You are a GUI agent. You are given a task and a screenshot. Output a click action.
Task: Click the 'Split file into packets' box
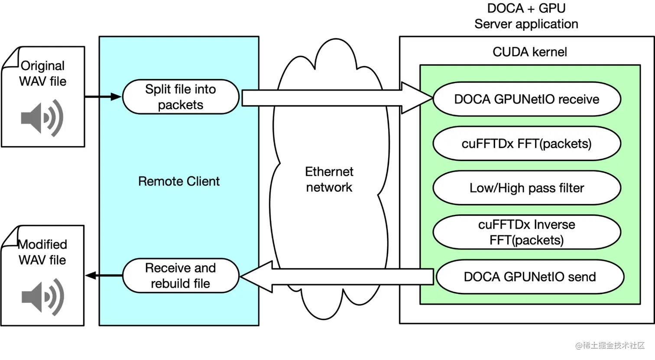pos(181,97)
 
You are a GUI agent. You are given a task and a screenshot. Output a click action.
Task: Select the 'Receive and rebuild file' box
pos(181,276)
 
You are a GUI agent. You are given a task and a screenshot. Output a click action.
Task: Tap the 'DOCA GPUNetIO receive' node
pos(526,99)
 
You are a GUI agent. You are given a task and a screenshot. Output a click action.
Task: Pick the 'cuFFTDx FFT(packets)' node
pos(526,143)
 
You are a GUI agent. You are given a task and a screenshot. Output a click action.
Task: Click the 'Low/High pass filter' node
pos(526,188)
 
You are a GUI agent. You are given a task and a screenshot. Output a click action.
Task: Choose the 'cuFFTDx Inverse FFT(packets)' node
pos(526,232)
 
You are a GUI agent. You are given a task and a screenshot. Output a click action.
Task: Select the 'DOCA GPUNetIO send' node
pos(529,276)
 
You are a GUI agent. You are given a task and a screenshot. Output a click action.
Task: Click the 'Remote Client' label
pos(178,181)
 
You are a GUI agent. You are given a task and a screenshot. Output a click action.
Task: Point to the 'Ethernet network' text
pos(329,179)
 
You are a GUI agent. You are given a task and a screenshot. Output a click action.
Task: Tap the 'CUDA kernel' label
pos(529,52)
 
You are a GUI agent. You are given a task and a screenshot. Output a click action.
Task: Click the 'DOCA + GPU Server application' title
pos(526,16)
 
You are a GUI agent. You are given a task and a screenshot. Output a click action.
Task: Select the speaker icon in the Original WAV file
pos(42,118)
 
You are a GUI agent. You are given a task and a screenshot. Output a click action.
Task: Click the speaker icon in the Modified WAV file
pos(42,297)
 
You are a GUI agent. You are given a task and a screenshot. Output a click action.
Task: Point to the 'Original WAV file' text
pos(42,73)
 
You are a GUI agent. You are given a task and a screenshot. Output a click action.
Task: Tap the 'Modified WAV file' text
pos(42,252)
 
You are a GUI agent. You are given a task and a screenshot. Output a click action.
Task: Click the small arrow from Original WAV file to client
pos(103,97)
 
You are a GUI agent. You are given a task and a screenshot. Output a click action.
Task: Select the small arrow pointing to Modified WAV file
pos(104,275)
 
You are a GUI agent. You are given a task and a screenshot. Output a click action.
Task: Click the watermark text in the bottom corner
pos(610,345)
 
